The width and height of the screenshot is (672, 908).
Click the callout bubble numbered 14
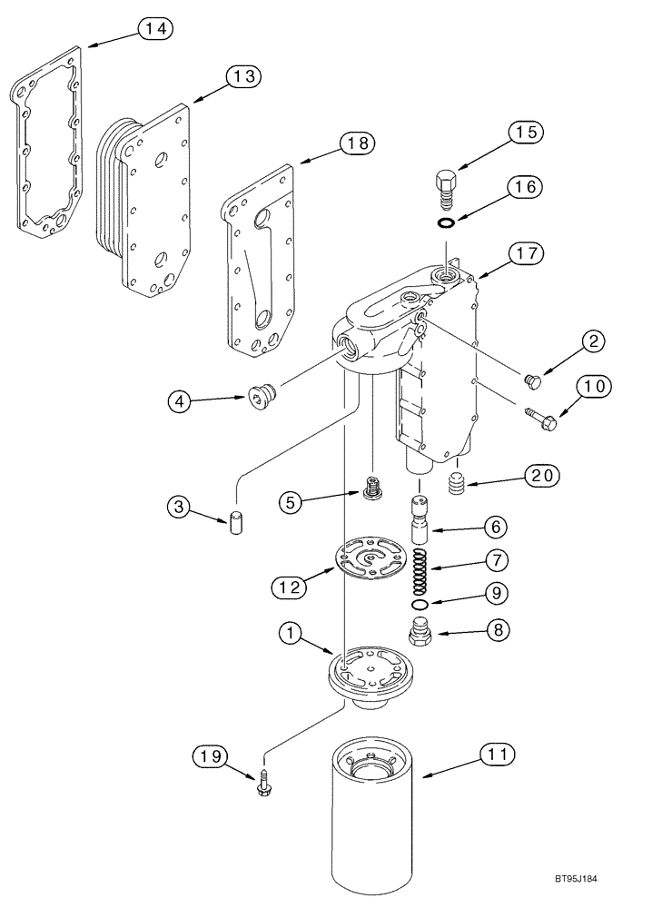point(154,29)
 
